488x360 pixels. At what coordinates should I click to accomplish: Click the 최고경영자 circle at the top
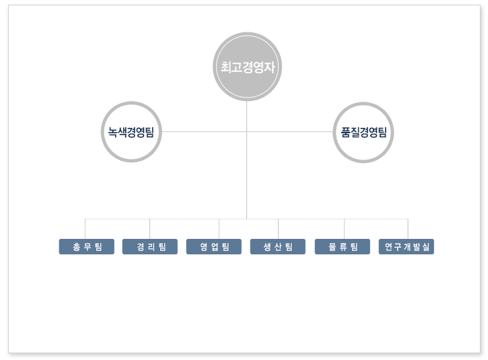247,67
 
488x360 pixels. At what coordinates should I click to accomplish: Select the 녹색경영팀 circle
131,132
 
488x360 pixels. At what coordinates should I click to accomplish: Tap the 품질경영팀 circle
363,133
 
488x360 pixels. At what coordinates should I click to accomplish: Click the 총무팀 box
87,247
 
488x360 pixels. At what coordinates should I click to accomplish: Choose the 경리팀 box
150,247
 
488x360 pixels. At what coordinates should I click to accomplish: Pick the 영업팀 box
214,247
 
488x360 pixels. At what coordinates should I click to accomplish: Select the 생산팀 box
277,247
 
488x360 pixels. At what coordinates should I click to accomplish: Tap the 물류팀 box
343,247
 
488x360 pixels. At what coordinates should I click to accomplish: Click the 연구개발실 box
406,247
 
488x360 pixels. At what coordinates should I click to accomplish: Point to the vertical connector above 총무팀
85,229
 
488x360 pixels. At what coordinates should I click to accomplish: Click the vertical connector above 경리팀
149,229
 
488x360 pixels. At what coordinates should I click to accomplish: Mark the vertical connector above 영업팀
219,229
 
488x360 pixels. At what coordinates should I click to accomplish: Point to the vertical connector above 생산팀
278,229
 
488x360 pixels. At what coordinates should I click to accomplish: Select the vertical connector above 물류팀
344,229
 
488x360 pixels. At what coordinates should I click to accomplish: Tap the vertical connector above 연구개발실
408,229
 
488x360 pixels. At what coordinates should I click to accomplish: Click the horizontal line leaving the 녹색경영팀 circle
204,132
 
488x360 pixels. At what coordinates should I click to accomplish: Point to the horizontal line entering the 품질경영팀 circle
290,132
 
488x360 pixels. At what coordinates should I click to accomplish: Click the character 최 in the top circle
226,67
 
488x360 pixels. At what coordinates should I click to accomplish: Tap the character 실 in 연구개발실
426,247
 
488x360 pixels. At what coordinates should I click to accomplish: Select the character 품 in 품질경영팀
345,133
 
